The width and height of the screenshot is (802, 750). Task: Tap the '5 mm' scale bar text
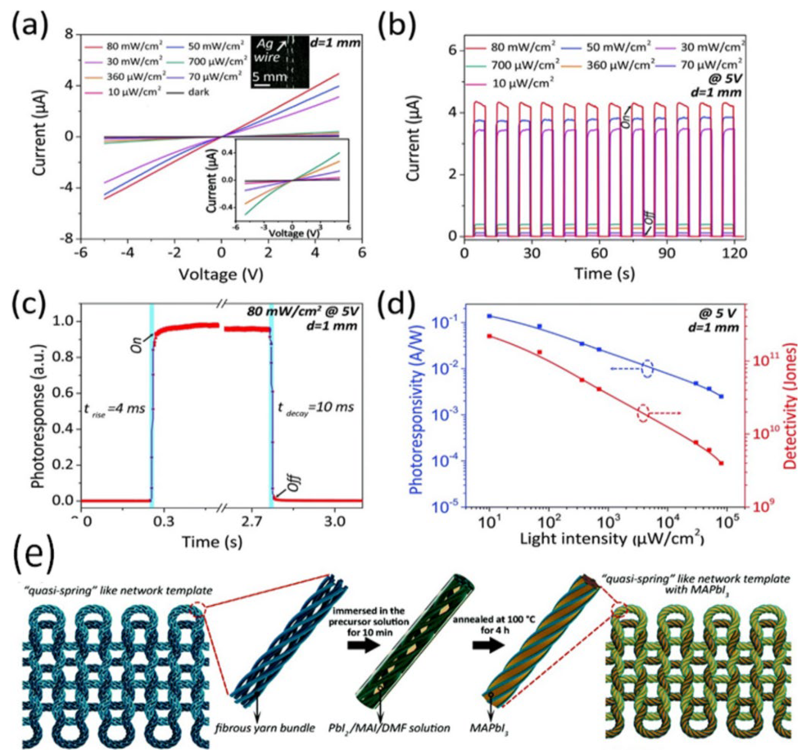(270, 77)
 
